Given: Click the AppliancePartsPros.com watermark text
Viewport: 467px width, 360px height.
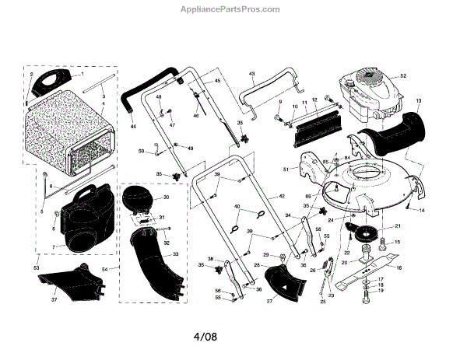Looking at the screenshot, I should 233,10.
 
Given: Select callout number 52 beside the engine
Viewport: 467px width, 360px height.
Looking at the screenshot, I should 403,75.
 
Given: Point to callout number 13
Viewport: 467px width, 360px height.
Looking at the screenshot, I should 417,101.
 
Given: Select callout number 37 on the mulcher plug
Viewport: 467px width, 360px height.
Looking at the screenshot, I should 54,299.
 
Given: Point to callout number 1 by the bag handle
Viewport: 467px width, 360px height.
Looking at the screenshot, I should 81,74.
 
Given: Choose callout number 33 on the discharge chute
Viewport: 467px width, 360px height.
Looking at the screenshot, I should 175,254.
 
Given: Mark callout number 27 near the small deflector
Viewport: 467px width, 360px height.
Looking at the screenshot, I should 270,299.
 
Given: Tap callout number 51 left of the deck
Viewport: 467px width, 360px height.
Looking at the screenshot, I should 286,169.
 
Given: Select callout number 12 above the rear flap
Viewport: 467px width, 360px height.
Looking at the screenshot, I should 314,100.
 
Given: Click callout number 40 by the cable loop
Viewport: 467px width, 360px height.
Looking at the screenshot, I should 235,206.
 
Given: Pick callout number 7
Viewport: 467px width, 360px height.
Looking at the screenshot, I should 53,246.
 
